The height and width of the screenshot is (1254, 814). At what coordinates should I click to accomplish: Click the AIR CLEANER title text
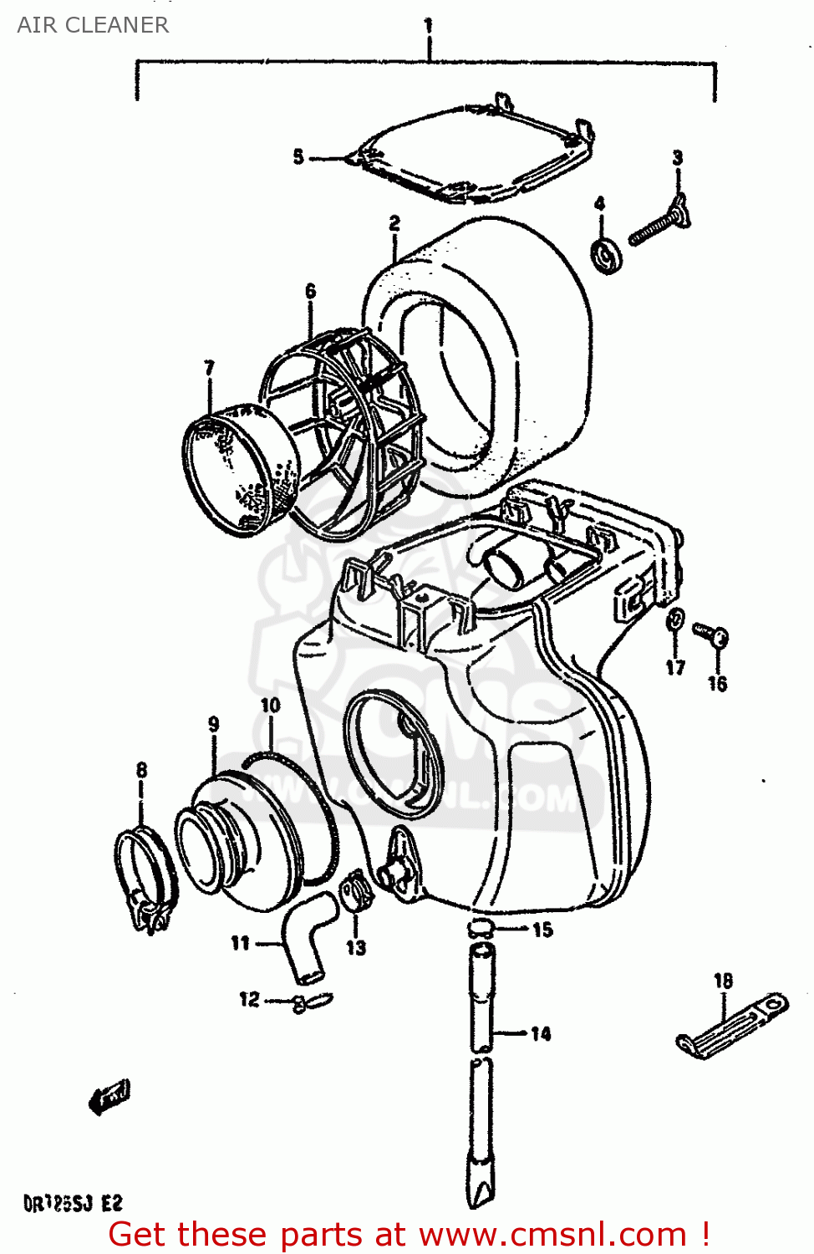coord(93,25)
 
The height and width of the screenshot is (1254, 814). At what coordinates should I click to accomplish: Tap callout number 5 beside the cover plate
coord(298,157)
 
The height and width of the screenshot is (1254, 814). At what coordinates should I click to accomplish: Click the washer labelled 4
coord(608,255)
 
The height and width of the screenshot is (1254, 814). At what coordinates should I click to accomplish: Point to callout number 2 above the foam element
coord(394,223)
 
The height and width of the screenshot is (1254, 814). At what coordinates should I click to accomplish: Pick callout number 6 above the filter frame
coord(311,291)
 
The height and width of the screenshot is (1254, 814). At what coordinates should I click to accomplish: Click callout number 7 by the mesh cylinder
coord(209,367)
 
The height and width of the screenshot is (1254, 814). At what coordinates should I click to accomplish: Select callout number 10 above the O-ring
coord(271,705)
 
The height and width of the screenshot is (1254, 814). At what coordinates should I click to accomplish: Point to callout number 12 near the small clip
coord(249,999)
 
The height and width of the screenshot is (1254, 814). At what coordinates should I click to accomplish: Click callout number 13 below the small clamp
coord(356,947)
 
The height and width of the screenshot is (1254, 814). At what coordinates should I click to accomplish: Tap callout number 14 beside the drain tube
coord(541,1034)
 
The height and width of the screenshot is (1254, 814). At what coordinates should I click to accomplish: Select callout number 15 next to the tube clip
coord(542,930)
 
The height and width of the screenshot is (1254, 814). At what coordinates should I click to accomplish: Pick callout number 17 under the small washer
coord(675,667)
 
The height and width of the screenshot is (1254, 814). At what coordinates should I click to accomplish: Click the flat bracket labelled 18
coord(732,1024)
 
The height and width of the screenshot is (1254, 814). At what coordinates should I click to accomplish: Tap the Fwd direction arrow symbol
coord(109,1096)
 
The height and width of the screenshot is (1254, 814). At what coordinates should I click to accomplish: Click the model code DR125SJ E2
coord(74,1204)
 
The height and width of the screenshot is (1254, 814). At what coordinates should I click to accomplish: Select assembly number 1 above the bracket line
coord(428,25)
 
